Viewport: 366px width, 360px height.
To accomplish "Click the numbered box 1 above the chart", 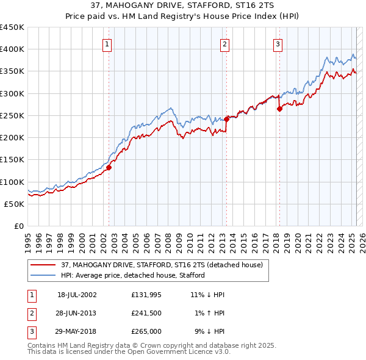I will tap(107, 44).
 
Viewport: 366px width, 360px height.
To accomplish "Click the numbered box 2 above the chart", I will tap(224, 44).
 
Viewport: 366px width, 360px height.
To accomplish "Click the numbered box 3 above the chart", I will tap(278, 44).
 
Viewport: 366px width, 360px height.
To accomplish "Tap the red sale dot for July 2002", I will tap(109, 167).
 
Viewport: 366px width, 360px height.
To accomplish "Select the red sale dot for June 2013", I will tap(226, 119).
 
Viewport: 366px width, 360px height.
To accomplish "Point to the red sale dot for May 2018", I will tap(279, 109).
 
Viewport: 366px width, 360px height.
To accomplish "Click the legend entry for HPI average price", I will tap(132, 275).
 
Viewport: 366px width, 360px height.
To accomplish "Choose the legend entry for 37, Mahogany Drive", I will tap(162, 265).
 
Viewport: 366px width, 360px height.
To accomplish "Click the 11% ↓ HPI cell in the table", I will tap(207, 295).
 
